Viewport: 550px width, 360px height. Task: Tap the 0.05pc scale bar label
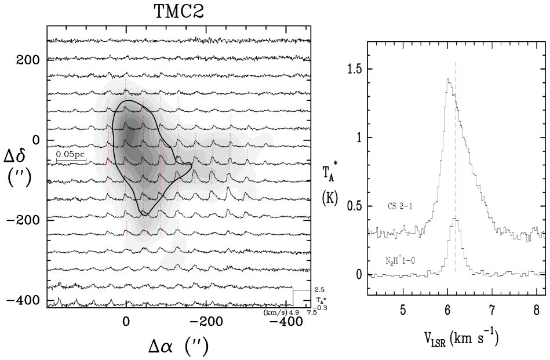pyautogui.click(x=71, y=155)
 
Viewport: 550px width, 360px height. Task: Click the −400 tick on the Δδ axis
pyautogui.click(x=26, y=300)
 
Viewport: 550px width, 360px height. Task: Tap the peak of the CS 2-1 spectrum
pyautogui.click(x=447, y=79)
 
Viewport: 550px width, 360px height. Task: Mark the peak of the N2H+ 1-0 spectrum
pyautogui.click(x=456, y=218)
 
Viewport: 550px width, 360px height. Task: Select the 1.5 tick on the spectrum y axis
pyautogui.click(x=355, y=69)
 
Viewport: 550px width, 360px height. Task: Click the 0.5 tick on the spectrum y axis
pyautogui.click(x=355, y=206)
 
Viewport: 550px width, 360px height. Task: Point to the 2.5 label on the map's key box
pyautogui.click(x=319, y=289)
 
